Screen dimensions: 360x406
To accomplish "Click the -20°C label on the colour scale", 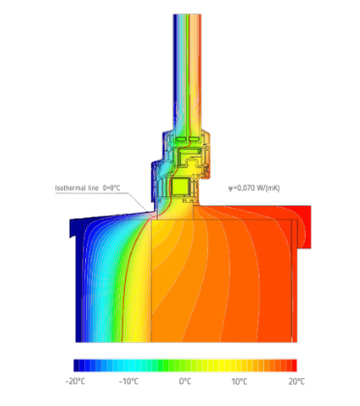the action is (x=75, y=382).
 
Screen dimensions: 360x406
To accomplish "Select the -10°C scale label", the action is (x=129, y=382).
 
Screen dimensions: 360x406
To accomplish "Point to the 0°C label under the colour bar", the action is (x=185, y=382).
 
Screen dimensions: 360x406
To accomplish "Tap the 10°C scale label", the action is (x=239, y=382).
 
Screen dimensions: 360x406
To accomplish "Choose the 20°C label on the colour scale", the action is (x=296, y=382).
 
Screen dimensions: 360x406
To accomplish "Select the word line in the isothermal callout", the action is (x=93, y=188).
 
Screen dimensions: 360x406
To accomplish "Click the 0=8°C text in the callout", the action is (x=111, y=188).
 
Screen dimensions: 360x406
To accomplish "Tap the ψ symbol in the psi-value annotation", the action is (x=230, y=188).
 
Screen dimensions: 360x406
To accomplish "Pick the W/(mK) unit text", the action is (x=268, y=188).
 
